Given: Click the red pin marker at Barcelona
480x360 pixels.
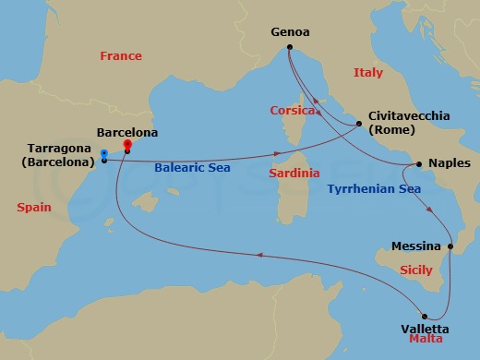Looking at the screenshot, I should click(126, 144).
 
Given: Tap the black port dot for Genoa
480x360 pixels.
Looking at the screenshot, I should click(289, 48).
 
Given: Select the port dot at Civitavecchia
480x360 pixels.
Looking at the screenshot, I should click(359, 124).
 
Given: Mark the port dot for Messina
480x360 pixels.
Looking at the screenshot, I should click(450, 246).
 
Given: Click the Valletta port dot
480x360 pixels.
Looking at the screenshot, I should click(426, 313).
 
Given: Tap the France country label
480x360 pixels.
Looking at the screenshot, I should click(121, 56).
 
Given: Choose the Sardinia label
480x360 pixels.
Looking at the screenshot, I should click(294, 173).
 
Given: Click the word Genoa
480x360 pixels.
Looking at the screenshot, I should click(289, 31).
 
